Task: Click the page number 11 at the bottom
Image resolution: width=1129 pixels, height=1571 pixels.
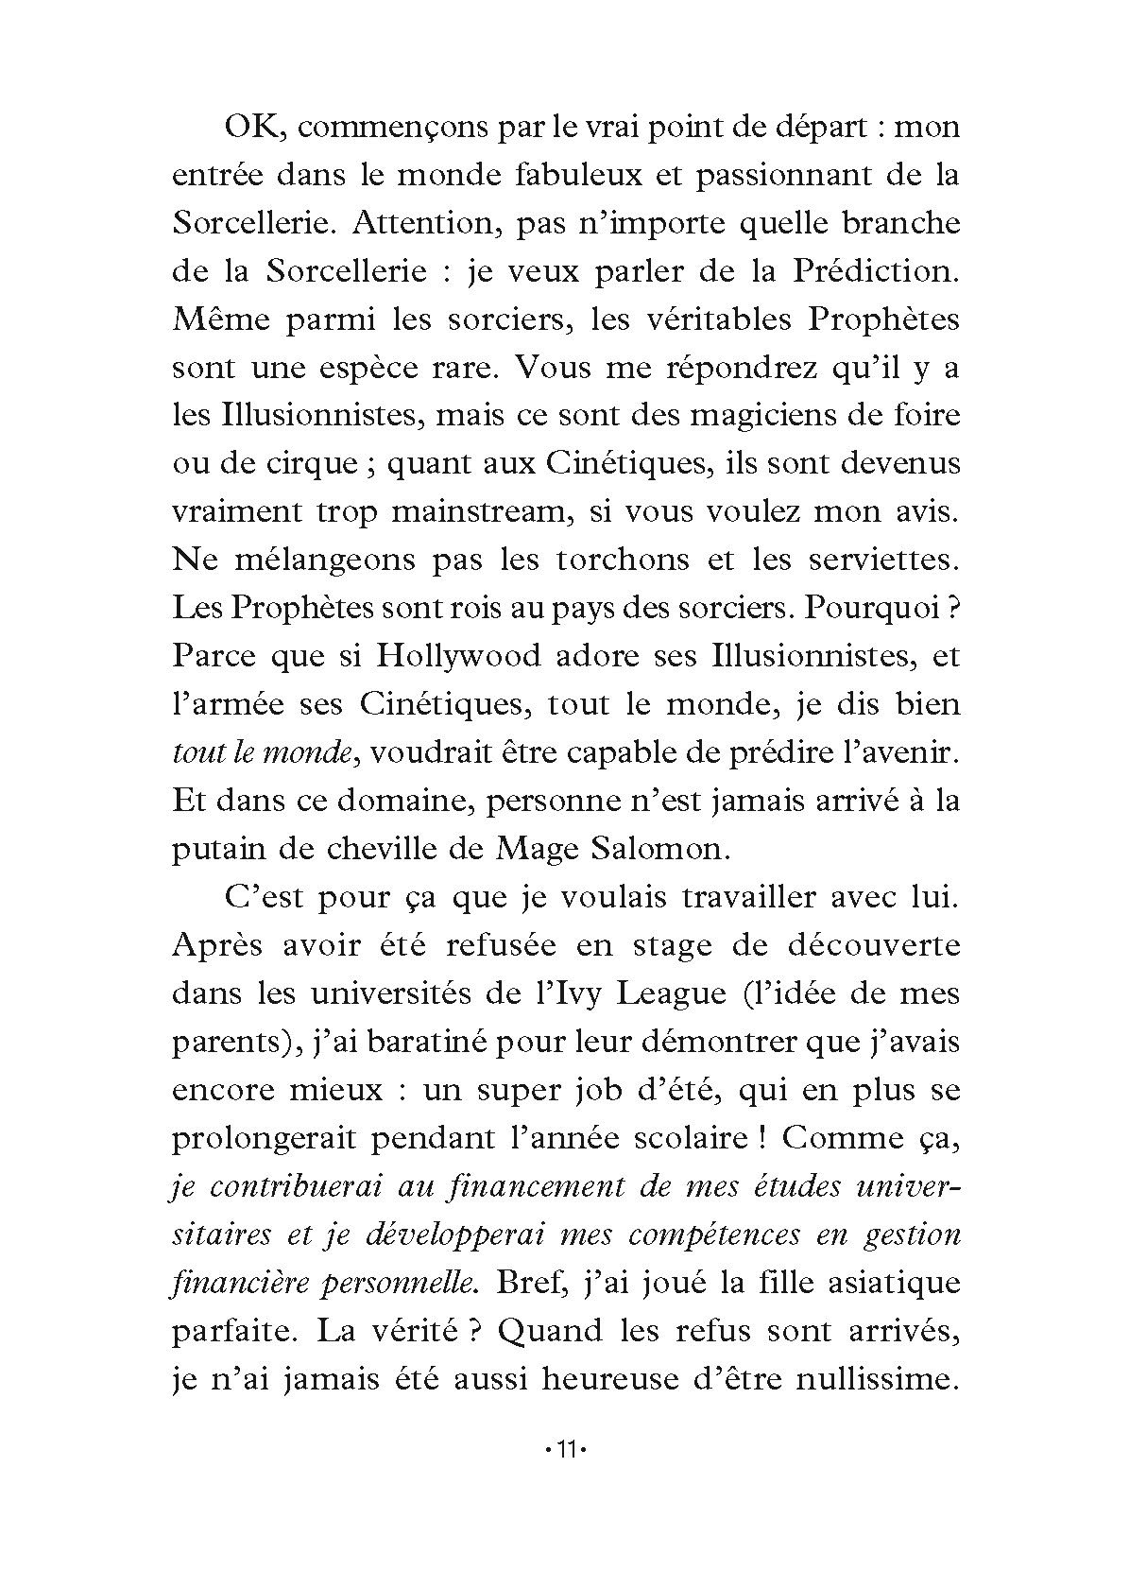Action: tap(564, 1449)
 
